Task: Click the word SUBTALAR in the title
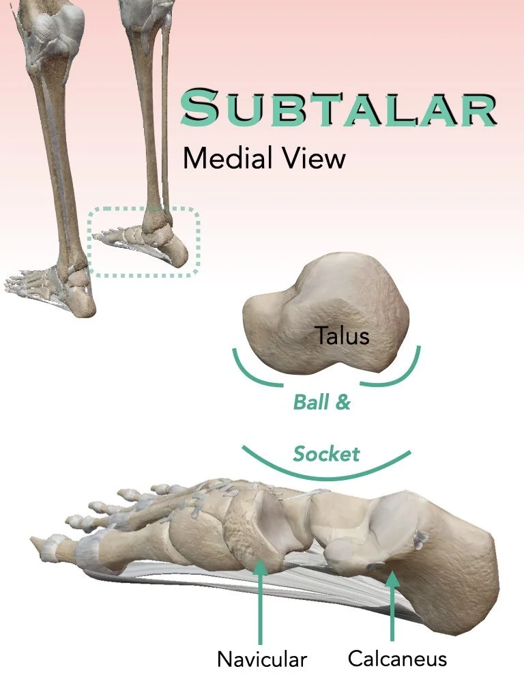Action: tap(338, 109)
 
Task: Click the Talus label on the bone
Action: tap(342, 335)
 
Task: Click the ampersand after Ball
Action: tap(343, 402)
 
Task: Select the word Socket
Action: tap(326, 454)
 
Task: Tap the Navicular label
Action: tap(262, 659)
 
